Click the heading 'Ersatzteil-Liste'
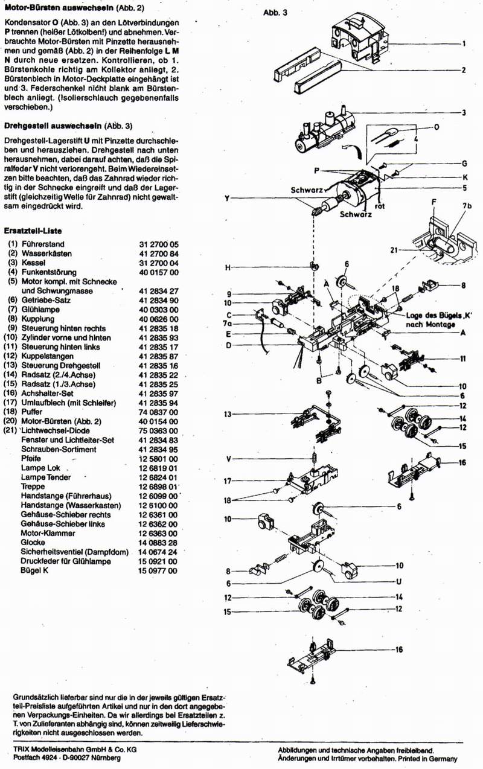[x=33, y=231]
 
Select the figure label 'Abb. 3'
[x=275, y=13]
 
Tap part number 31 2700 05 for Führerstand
[x=159, y=244]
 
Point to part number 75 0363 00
[x=159, y=432]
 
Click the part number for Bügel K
[x=159, y=569]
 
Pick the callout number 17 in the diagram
[x=228, y=481]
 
